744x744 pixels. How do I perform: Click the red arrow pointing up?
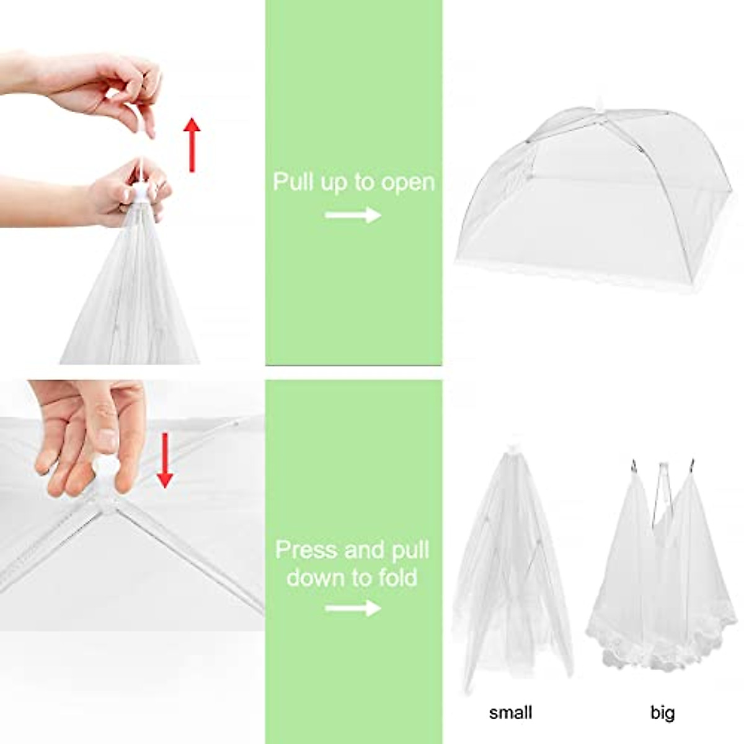[193, 144]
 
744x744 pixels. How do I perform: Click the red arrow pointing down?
[164, 461]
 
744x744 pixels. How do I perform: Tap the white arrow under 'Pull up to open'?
[353, 215]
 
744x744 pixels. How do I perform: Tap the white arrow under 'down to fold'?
[353, 608]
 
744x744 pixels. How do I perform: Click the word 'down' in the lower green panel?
[315, 577]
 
